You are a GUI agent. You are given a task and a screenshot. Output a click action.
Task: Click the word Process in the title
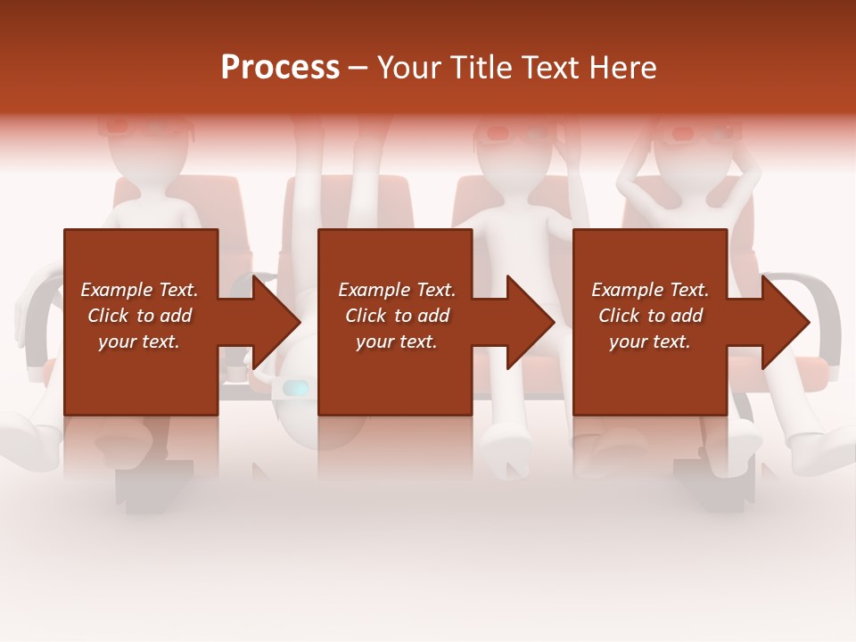click(x=280, y=68)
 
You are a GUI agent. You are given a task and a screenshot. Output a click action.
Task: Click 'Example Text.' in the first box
click(x=139, y=290)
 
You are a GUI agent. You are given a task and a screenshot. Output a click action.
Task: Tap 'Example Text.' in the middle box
click(x=397, y=290)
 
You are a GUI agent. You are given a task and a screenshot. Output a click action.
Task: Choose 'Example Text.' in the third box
click(x=650, y=290)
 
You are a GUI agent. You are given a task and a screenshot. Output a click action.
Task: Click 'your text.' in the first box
click(x=139, y=342)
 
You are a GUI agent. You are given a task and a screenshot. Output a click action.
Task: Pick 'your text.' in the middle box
click(x=397, y=342)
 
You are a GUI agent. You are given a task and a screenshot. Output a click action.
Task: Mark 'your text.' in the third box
click(x=650, y=342)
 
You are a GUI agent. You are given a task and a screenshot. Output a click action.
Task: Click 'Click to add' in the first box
click(x=139, y=316)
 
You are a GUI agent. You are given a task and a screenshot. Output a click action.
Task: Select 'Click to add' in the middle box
click(x=397, y=316)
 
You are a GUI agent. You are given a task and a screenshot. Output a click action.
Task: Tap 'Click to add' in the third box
click(x=650, y=316)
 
